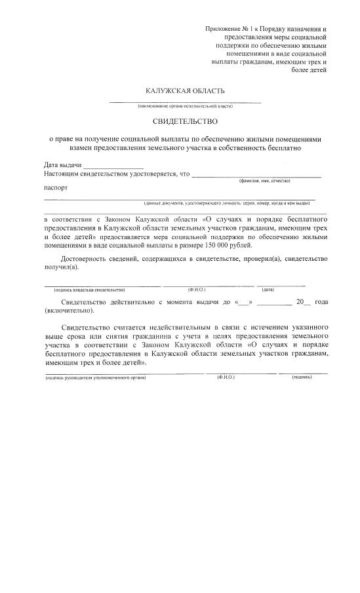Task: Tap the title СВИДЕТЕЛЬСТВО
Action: tap(185, 121)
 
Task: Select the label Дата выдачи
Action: tap(63, 165)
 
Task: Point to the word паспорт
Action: tap(56, 187)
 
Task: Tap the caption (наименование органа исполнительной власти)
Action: tap(185, 105)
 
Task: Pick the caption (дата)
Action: tap(268, 289)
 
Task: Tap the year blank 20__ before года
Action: tap(302, 302)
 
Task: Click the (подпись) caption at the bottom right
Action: tap(302, 378)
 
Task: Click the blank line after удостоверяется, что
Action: tap(256, 175)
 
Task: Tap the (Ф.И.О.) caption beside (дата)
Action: tap(197, 289)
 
